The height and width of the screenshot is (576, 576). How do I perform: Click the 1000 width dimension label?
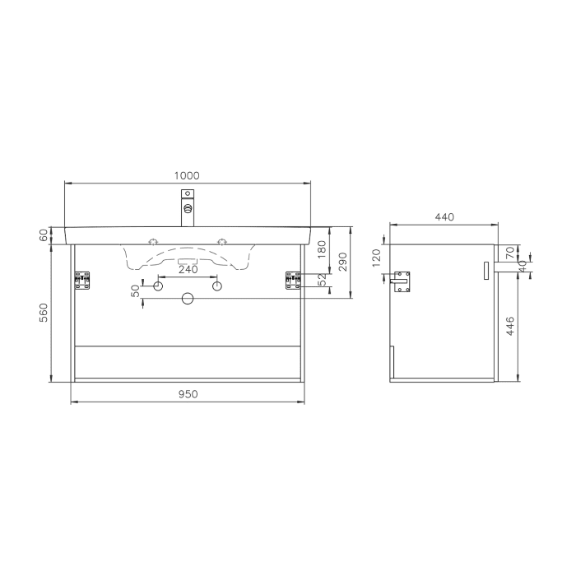(187, 175)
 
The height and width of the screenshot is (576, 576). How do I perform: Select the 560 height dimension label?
(46, 313)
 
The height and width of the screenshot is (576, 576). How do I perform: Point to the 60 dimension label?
(46, 235)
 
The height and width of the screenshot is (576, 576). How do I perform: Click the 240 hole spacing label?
(188, 269)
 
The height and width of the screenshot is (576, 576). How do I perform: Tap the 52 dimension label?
(323, 281)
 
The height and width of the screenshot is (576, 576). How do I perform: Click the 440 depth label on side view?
(444, 217)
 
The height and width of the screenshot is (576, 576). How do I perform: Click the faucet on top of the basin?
(188, 209)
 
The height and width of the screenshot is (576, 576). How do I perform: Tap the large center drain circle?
(188, 299)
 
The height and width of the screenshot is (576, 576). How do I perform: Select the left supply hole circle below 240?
(158, 286)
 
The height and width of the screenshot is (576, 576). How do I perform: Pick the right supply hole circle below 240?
(217, 286)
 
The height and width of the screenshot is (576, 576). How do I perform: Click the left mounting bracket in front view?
(81, 281)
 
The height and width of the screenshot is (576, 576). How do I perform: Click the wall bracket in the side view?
(402, 281)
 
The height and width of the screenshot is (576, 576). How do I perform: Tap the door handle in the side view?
(485, 270)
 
